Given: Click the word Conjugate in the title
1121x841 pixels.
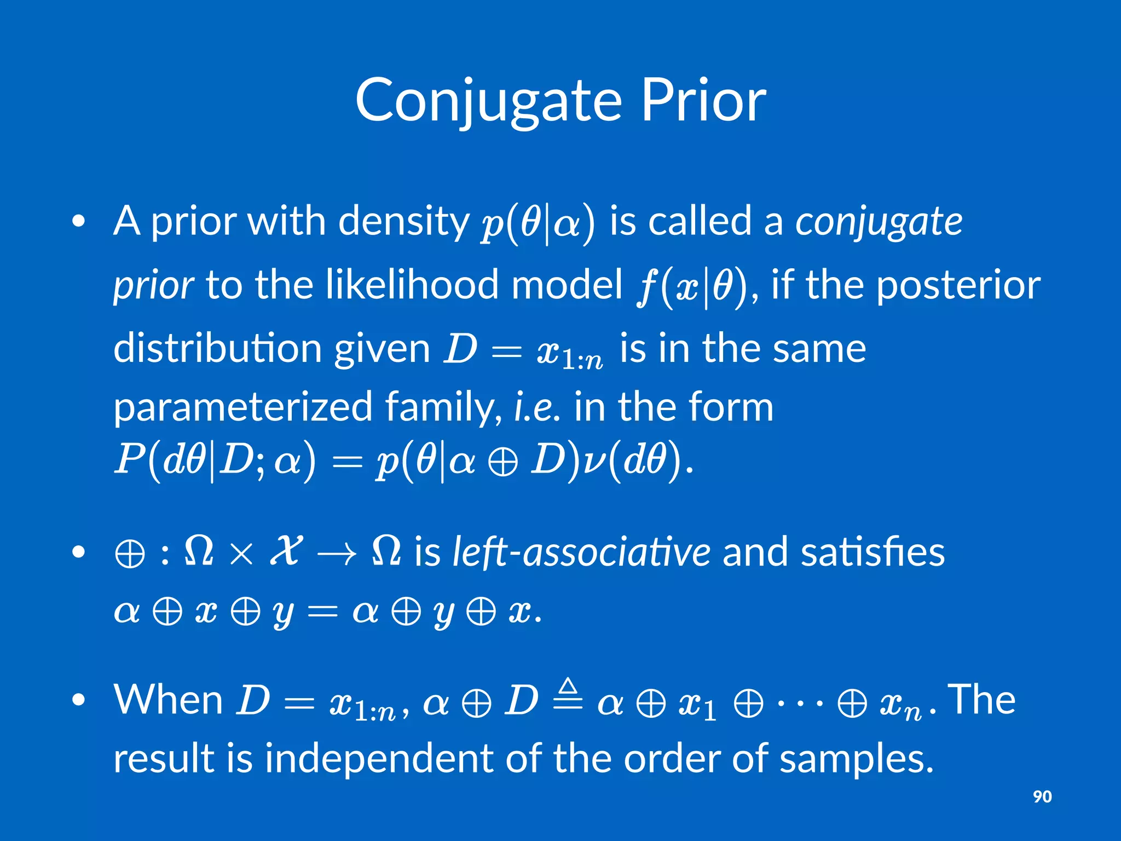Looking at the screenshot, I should (488, 102).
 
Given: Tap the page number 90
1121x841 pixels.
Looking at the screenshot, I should (1042, 796).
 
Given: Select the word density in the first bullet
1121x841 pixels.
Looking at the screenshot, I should (403, 222).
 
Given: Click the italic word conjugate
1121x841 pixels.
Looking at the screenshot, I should (879, 222).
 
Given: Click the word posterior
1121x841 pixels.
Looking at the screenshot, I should (958, 285).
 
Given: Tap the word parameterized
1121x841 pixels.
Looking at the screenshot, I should (242, 407).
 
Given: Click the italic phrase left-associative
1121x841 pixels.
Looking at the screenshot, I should (581, 552).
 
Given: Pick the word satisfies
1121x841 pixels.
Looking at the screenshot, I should (872, 552).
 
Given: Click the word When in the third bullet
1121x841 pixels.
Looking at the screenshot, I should (168, 700).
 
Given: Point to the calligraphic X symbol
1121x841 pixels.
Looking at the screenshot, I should (286, 551).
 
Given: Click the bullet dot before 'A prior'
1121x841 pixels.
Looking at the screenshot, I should (79, 222).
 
